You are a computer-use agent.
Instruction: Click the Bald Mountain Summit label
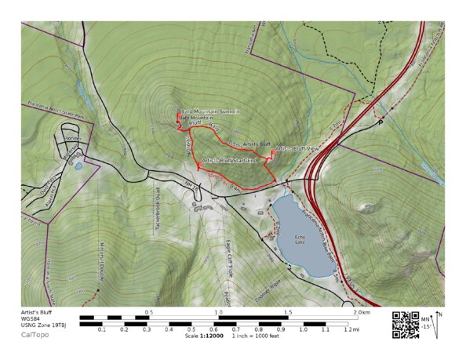[209, 112]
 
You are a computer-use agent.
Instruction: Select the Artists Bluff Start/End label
[231, 160]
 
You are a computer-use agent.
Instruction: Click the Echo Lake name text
[298, 238]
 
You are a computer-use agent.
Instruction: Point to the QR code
[405, 324]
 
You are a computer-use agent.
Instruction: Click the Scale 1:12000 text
[204, 336]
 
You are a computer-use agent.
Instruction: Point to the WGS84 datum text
[31, 318]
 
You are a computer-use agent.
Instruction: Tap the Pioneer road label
[73, 138]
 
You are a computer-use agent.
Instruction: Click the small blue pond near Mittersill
[77, 165]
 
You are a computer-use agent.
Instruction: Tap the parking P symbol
[381, 123]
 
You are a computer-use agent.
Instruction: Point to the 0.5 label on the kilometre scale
[149, 312]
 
